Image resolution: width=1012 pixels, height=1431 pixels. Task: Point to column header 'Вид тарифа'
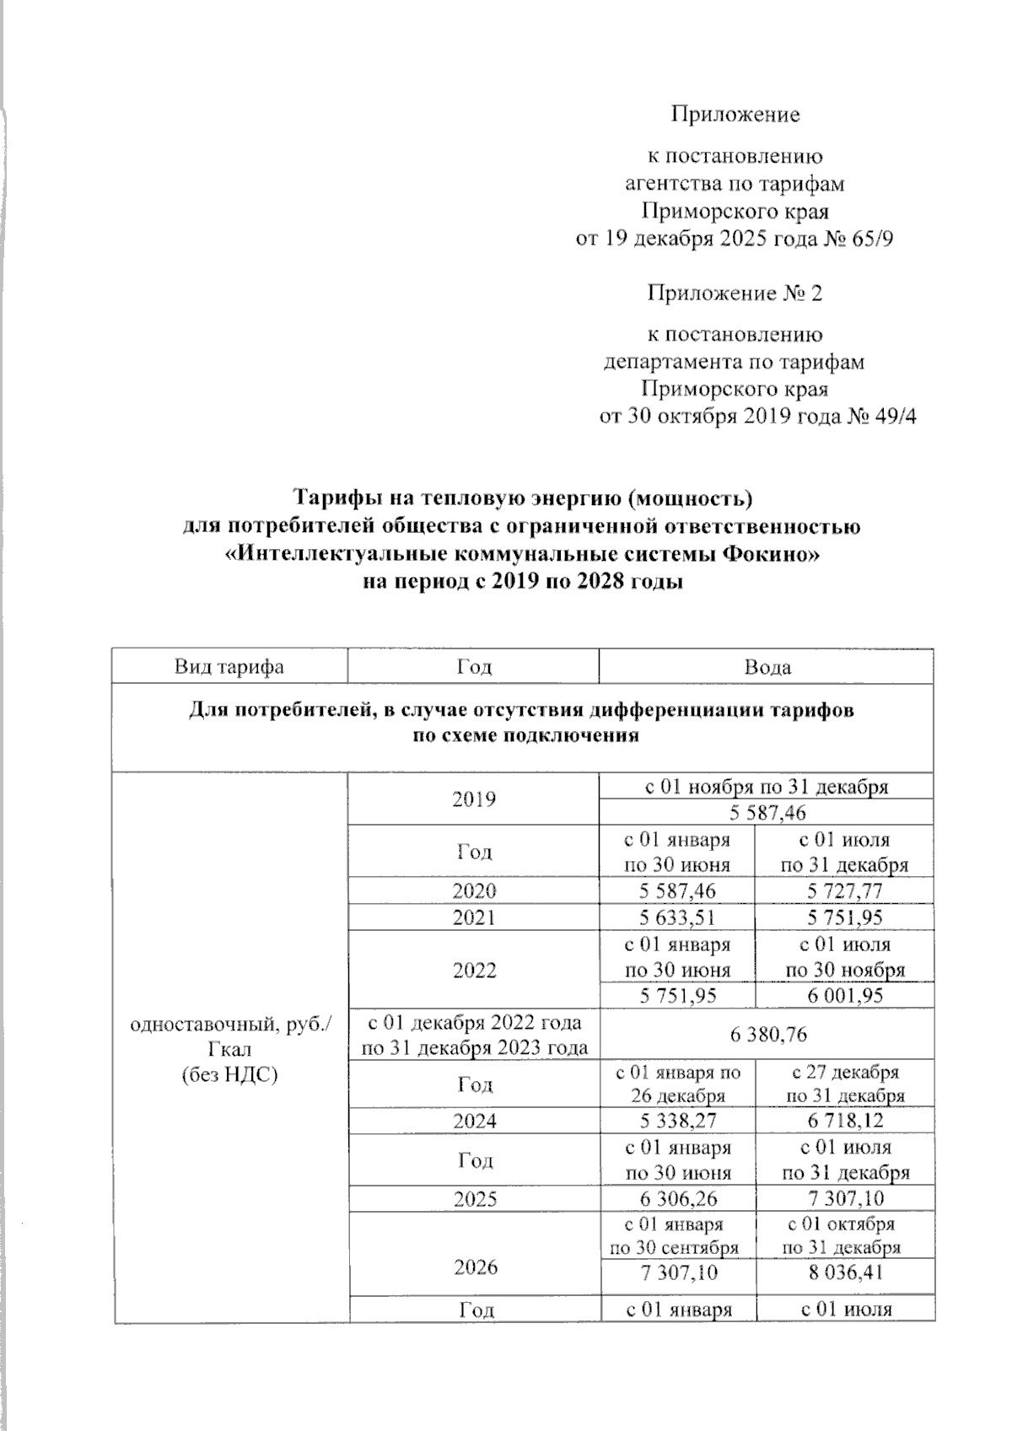pos(229,667)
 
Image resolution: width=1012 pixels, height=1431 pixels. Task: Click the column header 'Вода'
pos(767,667)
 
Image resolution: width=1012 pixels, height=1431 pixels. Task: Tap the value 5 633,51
pos(678,917)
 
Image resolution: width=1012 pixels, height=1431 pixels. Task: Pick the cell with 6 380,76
pos(767,1034)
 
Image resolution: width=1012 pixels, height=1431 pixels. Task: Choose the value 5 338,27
pos(678,1121)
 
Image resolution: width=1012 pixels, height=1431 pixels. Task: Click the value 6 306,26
pos(678,1199)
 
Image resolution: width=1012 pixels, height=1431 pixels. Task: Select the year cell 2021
pos(474,917)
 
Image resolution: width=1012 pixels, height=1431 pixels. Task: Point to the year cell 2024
pos(474,1121)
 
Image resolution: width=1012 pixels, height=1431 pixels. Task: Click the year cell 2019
pos(474,799)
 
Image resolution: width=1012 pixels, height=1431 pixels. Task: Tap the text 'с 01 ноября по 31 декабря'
pos(767,787)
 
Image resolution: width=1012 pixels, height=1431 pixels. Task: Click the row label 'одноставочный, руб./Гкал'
pos(230,1036)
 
